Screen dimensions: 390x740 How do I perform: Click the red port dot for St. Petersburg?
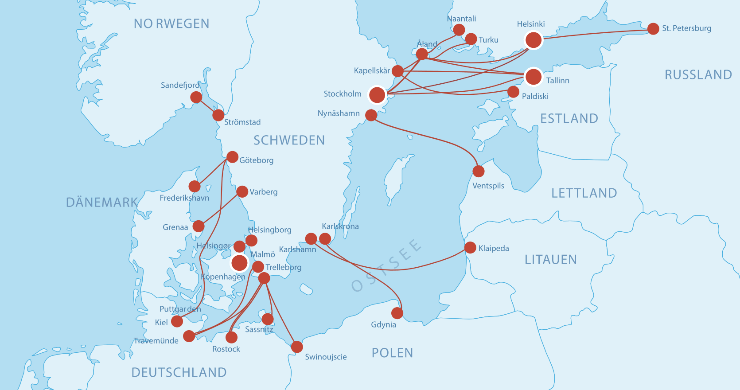click(x=653, y=29)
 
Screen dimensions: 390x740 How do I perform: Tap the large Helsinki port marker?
click(x=534, y=40)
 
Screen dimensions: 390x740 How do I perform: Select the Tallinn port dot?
click(x=534, y=77)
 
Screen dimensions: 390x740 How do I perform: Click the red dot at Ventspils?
click(x=479, y=171)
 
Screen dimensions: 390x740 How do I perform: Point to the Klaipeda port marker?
click(x=470, y=248)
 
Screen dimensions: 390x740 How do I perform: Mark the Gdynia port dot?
click(x=397, y=313)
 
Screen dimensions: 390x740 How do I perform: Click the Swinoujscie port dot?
click(x=297, y=347)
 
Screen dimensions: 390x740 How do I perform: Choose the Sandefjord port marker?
click(x=196, y=97)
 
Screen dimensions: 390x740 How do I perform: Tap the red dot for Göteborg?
click(x=232, y=157)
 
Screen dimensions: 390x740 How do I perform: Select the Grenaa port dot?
click(x=199, y=226)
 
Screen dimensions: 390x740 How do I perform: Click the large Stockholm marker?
click(x=377, y=94)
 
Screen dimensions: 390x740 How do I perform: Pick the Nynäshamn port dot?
click(x=371, y=115)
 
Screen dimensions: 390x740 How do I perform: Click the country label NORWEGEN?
click(x=171, y=24)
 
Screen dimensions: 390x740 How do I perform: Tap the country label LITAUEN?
click(x=551, y=260)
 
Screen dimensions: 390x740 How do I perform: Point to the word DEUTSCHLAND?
click(x=179, y=372)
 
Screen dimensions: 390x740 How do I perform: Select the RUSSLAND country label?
click(x=698, y=75)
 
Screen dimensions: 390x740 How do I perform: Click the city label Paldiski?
click(x=535, y=97)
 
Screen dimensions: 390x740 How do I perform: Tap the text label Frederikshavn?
click(x=184, y=198)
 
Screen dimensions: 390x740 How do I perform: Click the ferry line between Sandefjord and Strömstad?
click(x=207, y=106)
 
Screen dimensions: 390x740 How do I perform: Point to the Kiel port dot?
click(x=177, y=321)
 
